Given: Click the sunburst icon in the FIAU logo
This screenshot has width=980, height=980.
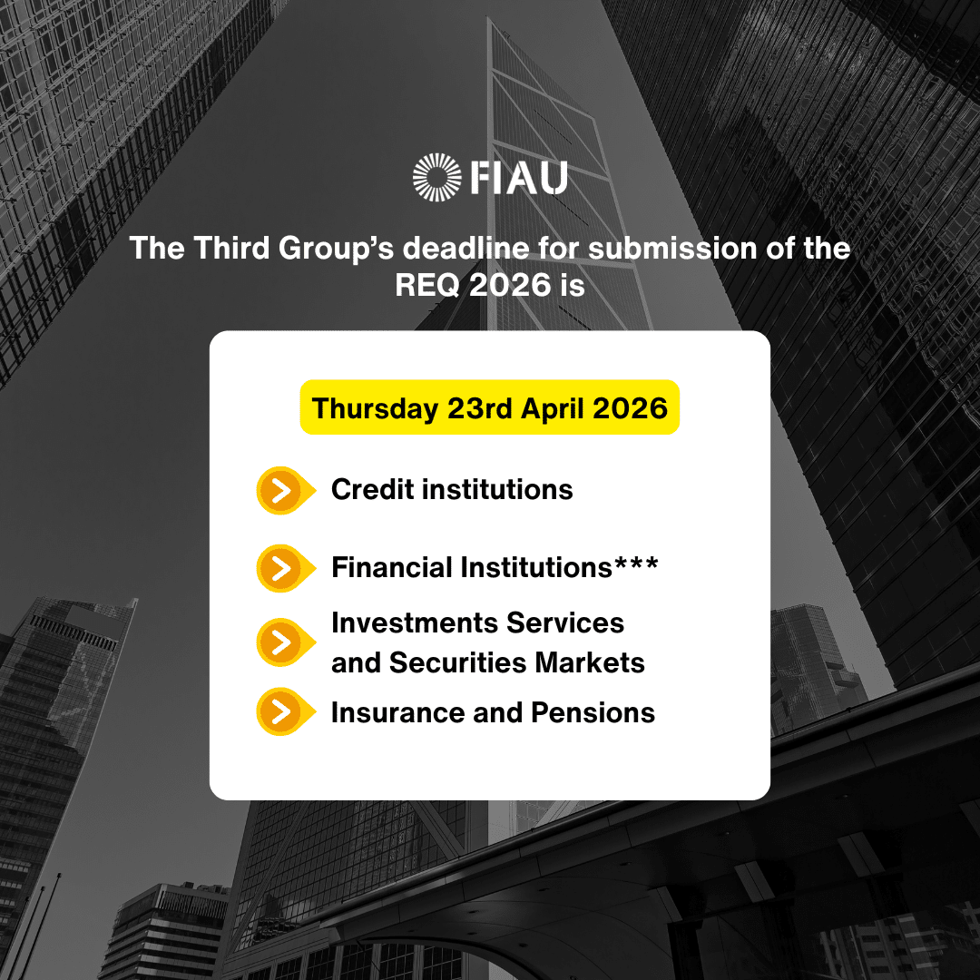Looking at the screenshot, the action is (436, 178).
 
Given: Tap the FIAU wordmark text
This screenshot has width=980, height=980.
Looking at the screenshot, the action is (519, 178).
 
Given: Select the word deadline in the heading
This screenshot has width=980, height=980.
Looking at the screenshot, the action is (466, 248).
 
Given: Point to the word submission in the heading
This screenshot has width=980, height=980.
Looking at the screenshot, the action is (673, 248).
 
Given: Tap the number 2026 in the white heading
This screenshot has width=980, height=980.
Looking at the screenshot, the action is (510, 285).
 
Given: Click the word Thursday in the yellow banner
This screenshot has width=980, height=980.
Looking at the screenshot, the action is (375, 408).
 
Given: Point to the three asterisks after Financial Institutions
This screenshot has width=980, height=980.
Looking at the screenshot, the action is (636, 562).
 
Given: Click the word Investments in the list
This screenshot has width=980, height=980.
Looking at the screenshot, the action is (415, 623).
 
